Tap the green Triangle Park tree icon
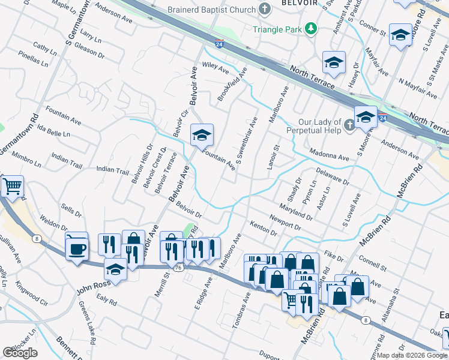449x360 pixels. coord(311,28)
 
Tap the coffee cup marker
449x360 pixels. coord(76,247)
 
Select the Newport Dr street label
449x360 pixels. coord(285,221)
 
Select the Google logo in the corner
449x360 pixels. coord(20,353)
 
